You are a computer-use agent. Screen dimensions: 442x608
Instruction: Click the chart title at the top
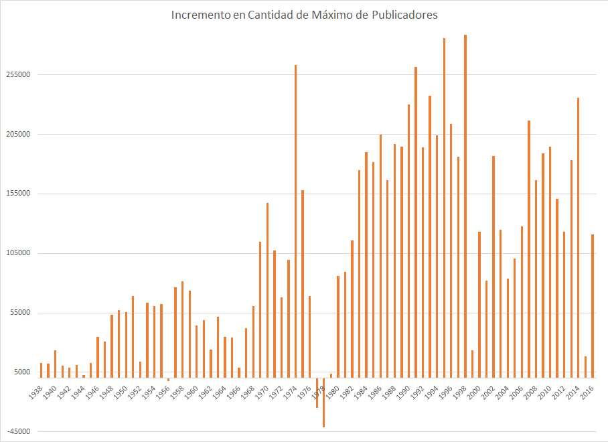click(x=304, y=14)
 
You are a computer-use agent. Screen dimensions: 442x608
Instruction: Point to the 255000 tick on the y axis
click(x=18, y=75)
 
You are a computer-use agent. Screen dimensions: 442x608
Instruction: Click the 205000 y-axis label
click(x=18, y=135)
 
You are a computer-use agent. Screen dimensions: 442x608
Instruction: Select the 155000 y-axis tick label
click(x=18, y=194)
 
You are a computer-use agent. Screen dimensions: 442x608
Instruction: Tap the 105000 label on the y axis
click(x=18, y=254)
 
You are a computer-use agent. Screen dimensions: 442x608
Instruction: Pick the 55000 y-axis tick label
click(x=20, y=313)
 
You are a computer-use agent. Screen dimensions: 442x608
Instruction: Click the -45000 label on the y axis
click(x=18, y=432)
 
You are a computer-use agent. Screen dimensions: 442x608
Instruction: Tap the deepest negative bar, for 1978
click(x=323, y=402)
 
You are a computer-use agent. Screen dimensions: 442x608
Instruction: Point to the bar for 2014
click(x=579, y=235)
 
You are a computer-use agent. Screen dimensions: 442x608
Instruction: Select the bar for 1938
click(x=41, y=368)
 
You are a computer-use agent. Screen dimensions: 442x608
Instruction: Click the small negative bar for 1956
click(x=168, y=380)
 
